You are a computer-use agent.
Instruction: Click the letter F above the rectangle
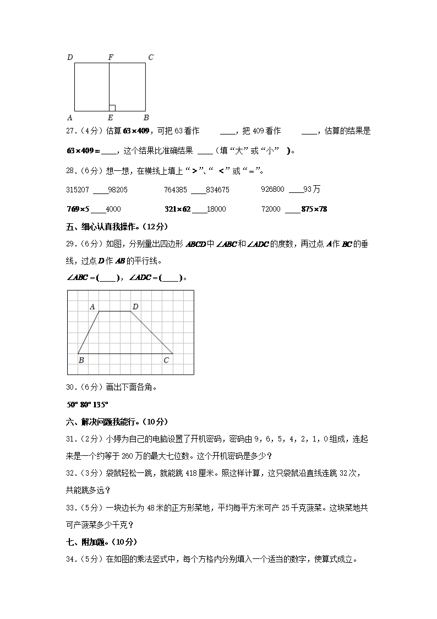pyautogui.click(x=111, y=57)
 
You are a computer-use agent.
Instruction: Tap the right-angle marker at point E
pyautogui.click(x=112, y=107)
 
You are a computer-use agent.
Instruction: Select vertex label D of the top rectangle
pyautogui.click(x=69, y=57)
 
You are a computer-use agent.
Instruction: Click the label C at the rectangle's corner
pyautogui.click(x=151, y=57)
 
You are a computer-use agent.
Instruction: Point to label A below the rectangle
pyautogui.click(x=69, y=117)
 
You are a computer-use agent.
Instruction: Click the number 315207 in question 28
pyautogui.click(x=78, y=190)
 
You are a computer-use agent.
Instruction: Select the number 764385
pyautogui.click(x=176, y=190)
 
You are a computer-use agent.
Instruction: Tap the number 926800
pyautogui.click(x=272, y=190)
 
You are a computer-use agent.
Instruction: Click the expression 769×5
pyautogui.click(x=78, y=209)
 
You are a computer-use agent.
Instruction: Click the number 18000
pyautogui.click(x=216, y=209)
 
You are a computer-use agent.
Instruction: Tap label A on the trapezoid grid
pyautogui.click(x=92, y=306)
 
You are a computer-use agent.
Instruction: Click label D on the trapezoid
pyautogui.click(x=135, y=306)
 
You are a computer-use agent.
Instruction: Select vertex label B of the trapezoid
pyautogui.click(x=81, y=360)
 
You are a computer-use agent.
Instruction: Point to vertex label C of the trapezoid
pyautogui.click(x=166, y=360)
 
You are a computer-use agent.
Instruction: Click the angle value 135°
pyautogui.click(x=101, y=404)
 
